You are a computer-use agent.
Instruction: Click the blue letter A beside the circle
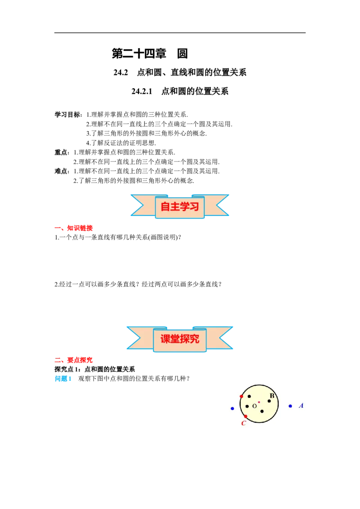point(301,406)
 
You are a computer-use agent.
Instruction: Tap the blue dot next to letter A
point(290,406)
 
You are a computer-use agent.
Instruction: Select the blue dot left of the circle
point(232,408)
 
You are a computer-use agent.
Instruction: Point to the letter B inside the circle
point(272,396)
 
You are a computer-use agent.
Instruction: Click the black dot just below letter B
point(270,401)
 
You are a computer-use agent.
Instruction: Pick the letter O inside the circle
point(254,406)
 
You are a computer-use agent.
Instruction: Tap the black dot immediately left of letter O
point(247,406)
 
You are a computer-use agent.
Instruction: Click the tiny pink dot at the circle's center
point(259,402)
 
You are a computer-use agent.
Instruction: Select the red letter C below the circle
point(243,423)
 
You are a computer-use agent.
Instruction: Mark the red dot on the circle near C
point(245,416)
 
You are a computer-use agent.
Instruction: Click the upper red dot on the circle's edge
point(242,396)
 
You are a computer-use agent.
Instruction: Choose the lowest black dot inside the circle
point(262,411)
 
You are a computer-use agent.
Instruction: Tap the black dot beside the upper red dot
point(249,397)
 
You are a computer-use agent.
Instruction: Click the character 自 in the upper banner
point(165,206)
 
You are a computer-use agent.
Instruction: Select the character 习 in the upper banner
point(194,206)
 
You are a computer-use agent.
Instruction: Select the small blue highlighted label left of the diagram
point(63,379)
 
